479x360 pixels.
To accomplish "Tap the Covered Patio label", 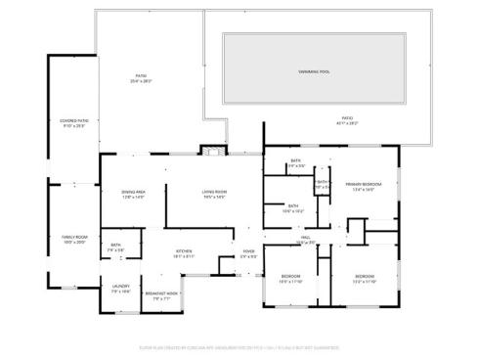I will point(74,120).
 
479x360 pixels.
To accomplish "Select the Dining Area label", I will point(133,192).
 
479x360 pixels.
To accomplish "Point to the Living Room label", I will point(214,192).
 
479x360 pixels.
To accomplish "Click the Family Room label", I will point(74,238).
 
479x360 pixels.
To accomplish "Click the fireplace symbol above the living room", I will point(212,150).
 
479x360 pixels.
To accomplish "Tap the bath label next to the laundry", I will point(115,245).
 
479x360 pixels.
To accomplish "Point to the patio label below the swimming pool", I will point(347,120).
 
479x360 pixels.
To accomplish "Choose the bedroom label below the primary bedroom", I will point(364,277).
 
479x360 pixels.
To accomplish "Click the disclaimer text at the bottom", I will point(239,345).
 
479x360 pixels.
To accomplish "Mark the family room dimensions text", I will point(74,242).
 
